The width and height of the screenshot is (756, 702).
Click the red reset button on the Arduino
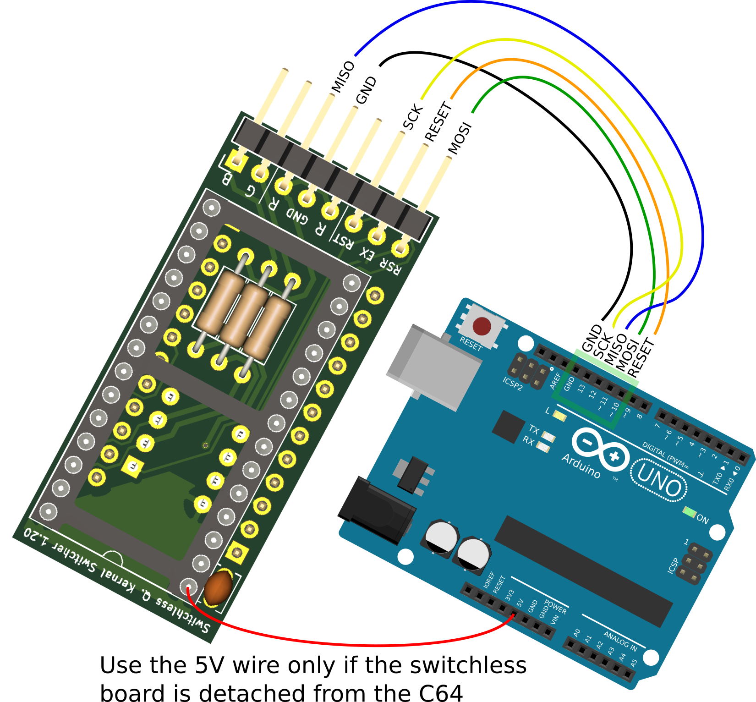coord(482,326)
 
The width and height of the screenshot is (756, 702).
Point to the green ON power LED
coord(689,511)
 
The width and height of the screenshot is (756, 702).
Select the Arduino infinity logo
coord(600,449)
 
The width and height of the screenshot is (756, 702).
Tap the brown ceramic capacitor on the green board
coord(218,587)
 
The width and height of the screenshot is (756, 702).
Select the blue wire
coord(573,37)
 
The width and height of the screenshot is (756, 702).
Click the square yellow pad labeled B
coord(237,160)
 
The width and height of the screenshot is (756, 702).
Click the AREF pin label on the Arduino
coord(555,381)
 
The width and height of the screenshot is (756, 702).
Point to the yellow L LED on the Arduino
coord(559,416)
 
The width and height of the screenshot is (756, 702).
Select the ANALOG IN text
coord(620,641)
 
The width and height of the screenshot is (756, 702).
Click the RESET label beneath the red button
coord(471,344)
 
